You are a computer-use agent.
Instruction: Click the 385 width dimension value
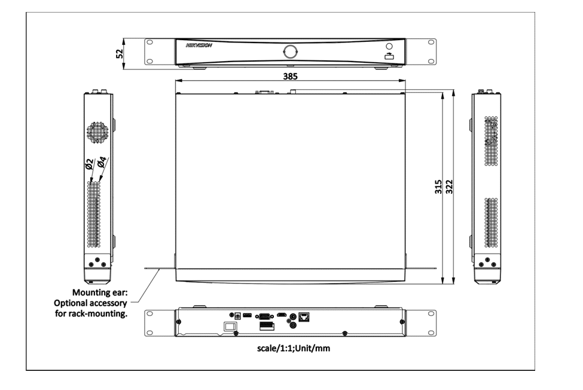[x=291, y=77]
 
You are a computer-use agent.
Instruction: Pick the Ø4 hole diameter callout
[x=102, y=162]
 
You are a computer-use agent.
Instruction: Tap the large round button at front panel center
[x=291, y=50]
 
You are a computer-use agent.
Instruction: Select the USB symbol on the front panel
[x=389, y=56]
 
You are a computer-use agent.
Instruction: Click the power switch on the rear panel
[x=228, y=327]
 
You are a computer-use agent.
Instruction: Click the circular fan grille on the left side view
[x=99, y=132]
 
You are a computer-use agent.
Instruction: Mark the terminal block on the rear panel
[x=264, y=326]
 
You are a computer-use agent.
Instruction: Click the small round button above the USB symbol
[x=389, y=46]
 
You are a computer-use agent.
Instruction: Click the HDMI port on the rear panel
[x=280, y=315]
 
